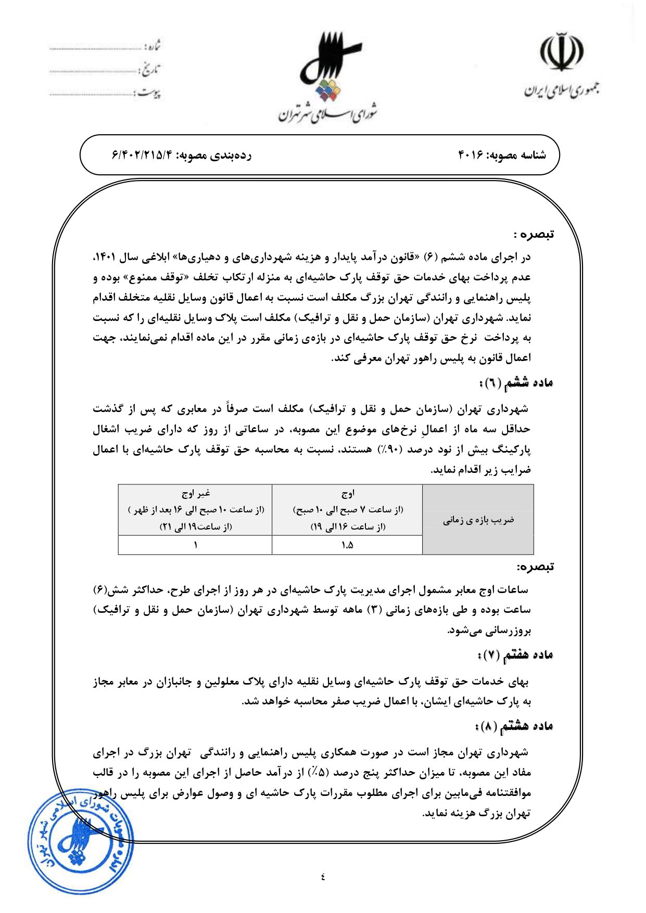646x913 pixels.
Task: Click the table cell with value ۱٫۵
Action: pyautogui.click(x=347, y=545)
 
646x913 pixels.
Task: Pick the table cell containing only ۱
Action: pyautogui.click(x=195, y=545)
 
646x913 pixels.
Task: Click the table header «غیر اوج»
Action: pyautogui.click(x=195, y=493)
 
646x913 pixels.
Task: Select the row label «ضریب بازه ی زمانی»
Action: pyautogui.click(x=478, y=520)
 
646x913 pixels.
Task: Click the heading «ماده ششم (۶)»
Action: pyautogui.click(x=515, y=383)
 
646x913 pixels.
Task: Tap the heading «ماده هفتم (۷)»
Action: pyautogui.click(x=515, y=655)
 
